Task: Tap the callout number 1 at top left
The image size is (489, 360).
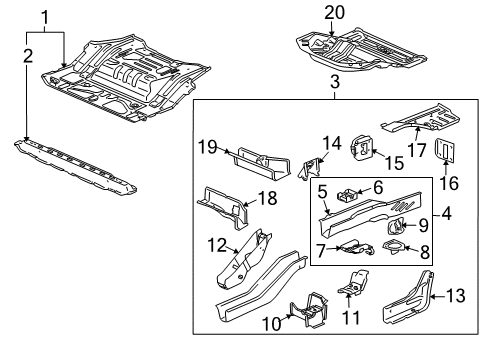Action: tap(45, 15)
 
